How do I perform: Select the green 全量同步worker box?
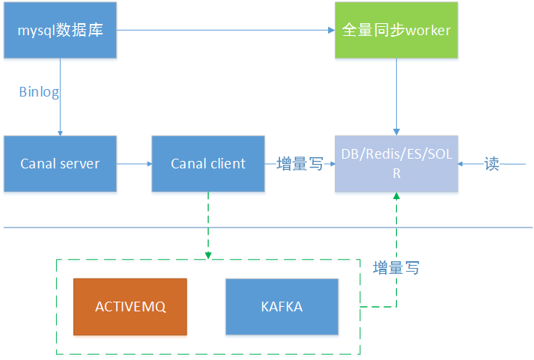pos(395,31)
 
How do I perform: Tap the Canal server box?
pos(60,163)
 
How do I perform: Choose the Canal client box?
pos(208,163)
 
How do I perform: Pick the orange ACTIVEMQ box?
pos(130,307)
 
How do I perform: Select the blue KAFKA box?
pos(282,307)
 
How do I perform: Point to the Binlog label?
pos(39,92)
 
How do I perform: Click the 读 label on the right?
pos(491,164)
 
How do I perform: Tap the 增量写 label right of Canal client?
pos(300,164)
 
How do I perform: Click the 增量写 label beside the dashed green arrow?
pos(396,267)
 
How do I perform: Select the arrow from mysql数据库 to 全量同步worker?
pos(225,31)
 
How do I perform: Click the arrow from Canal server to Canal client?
pos(134,163)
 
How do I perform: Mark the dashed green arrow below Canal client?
pos(208,225)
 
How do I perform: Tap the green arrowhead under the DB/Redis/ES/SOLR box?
pos(396,196)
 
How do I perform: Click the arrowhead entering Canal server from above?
pos(60,131)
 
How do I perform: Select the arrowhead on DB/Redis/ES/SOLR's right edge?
pos(462,163)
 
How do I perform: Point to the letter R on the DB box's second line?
pos(397,174)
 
